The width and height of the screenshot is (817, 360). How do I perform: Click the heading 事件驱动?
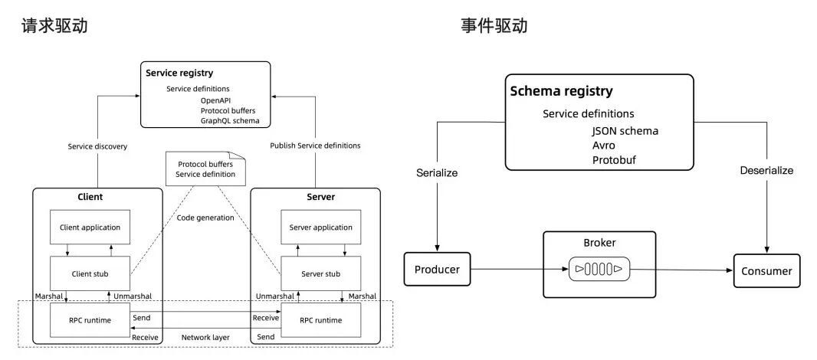coord(494,25)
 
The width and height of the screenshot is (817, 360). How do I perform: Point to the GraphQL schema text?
coord(230,120)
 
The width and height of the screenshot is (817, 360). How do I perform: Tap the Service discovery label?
coord(97,146)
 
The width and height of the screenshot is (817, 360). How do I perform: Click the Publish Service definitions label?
coord(315,146)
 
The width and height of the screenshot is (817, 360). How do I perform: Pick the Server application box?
coord(321,227)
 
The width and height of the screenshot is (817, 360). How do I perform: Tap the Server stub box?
coord(321,273)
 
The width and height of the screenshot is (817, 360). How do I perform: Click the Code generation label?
coord(205,218)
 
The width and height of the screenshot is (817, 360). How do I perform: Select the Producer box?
coord(437,270)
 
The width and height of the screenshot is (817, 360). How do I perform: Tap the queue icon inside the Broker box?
coord(599,269)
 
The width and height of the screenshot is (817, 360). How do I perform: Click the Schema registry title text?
coord(562,91)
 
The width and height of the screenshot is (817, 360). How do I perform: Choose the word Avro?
coord(604,145)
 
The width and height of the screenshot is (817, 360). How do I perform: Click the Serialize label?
coord(437,172)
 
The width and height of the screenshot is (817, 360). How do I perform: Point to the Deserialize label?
coord(766,170)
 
